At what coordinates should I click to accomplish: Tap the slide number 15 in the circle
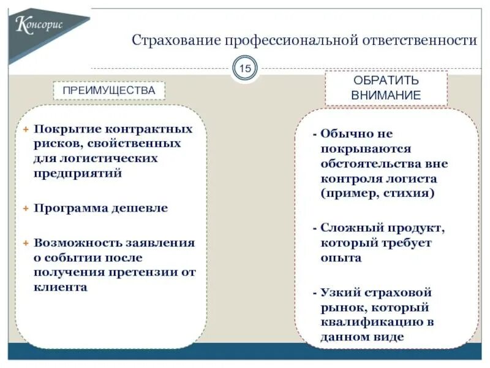coord(245,69)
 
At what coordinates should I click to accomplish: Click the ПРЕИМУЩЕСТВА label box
coord(109,90)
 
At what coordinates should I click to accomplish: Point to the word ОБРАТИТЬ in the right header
coord(386,80)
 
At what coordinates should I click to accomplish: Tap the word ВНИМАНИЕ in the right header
coord(386,96)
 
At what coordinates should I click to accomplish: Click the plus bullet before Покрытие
coord(26,129)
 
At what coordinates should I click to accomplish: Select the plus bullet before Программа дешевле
coord(26,209)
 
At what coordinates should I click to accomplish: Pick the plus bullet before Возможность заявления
coord(26,243)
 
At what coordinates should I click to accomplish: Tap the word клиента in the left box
coord(61,287)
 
